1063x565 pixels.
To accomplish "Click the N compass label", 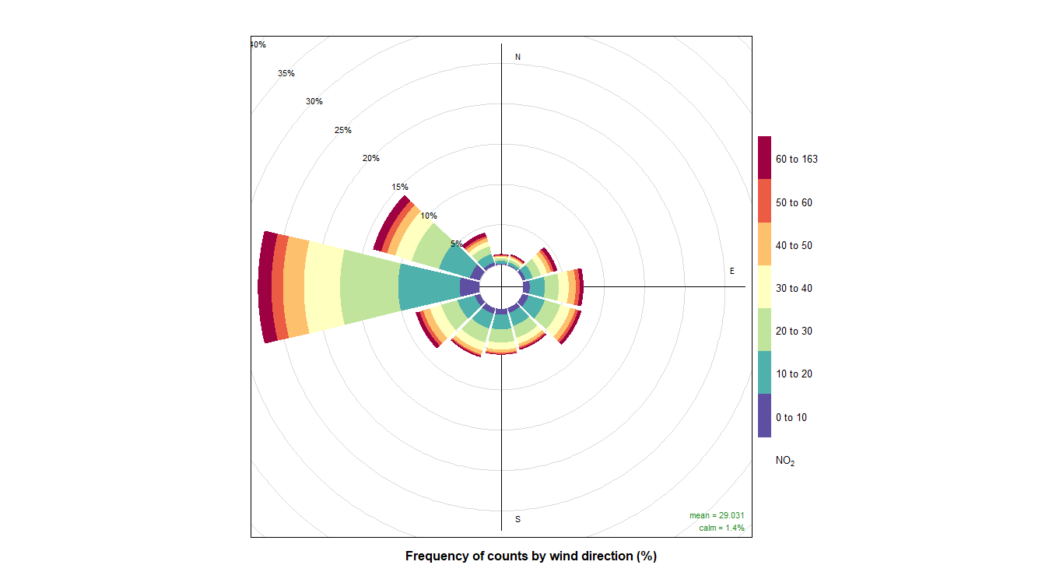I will tap(517, 58).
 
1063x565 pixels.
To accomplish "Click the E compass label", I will tap(731, 271).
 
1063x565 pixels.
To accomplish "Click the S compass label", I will tap(517, 519).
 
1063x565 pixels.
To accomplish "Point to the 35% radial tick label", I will tap(286, 73).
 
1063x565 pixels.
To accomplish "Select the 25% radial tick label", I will tap(343, 130).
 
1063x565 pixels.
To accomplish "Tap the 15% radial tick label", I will tap(400, 187).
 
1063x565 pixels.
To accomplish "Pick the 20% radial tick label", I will tap(371, 159).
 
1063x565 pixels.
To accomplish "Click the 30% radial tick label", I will tap(314, 101).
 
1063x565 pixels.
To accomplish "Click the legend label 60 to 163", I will tap(796, 160).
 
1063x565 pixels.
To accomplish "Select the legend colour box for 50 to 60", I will tap(765, 202).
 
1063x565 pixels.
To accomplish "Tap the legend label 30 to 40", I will tap(793, 288).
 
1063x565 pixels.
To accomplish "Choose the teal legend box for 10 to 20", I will tap(765, 373).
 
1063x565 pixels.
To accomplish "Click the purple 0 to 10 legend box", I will tap(765, 416).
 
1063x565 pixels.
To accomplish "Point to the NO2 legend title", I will tap(785, 461).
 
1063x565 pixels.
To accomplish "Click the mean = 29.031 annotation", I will tap(716, 516).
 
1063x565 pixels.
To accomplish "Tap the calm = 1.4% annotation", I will tap(721, 528).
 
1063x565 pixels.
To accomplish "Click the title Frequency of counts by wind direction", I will tap(531, 556).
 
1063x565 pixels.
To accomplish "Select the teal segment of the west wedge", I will tap(429, 287).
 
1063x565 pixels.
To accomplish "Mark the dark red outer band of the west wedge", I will tap(267, 287).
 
